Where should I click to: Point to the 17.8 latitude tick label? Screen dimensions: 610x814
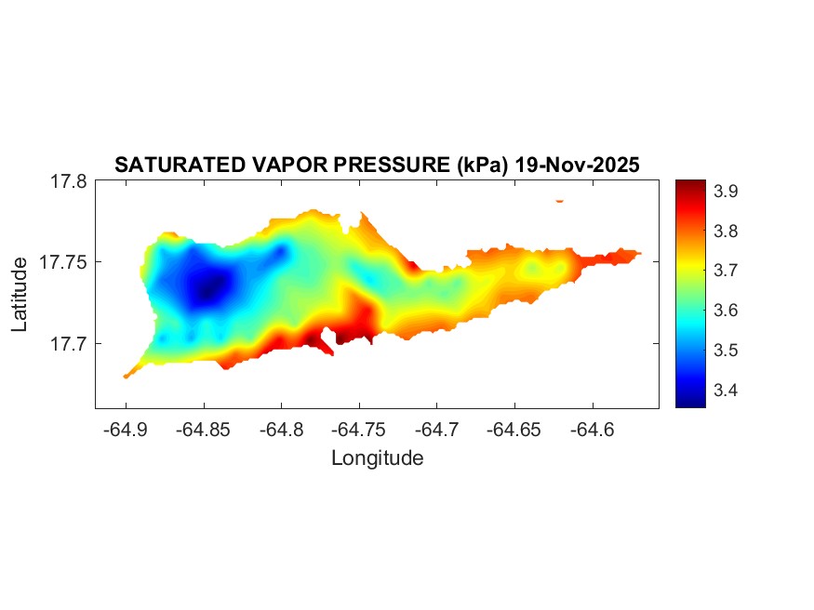[68, 181]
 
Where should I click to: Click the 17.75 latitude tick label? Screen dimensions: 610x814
[63, 262]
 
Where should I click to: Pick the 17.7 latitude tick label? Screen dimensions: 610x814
[68, 343]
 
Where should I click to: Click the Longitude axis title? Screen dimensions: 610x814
[377, 457]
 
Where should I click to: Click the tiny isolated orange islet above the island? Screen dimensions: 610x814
[560, 200]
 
